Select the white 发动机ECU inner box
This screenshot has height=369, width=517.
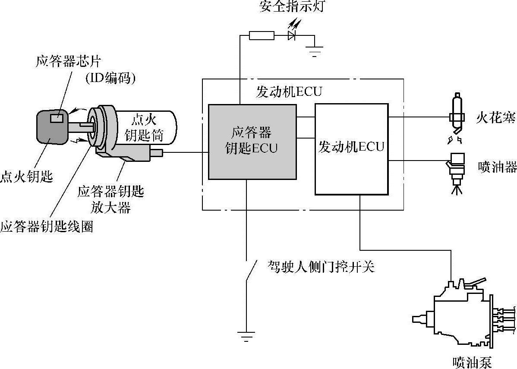click(351, 149)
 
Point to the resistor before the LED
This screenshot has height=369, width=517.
click(262, 35)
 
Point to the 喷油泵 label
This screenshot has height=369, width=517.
click(472, 362)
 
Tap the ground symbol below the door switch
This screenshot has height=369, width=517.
click(246, 336)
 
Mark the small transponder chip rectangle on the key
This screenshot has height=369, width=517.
click(57, 117)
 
